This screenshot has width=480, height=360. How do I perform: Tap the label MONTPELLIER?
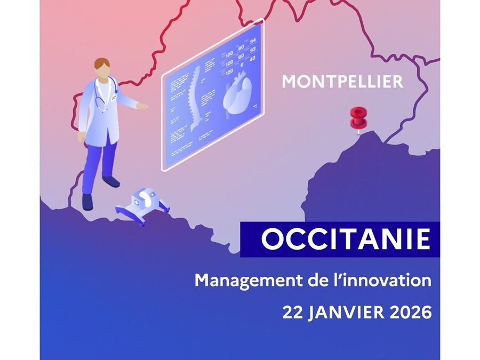(342, 82)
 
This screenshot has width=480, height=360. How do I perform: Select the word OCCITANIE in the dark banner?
(346, 240)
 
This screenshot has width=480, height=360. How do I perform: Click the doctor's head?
(102, 67)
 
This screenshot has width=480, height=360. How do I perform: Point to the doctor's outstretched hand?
(142, 106)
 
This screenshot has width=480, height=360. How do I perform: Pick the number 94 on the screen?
(253, 41)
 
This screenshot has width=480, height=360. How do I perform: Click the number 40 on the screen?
(252, 59)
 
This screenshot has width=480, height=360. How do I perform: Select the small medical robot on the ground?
(141, 205)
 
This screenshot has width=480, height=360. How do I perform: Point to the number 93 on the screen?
(253, 49)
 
